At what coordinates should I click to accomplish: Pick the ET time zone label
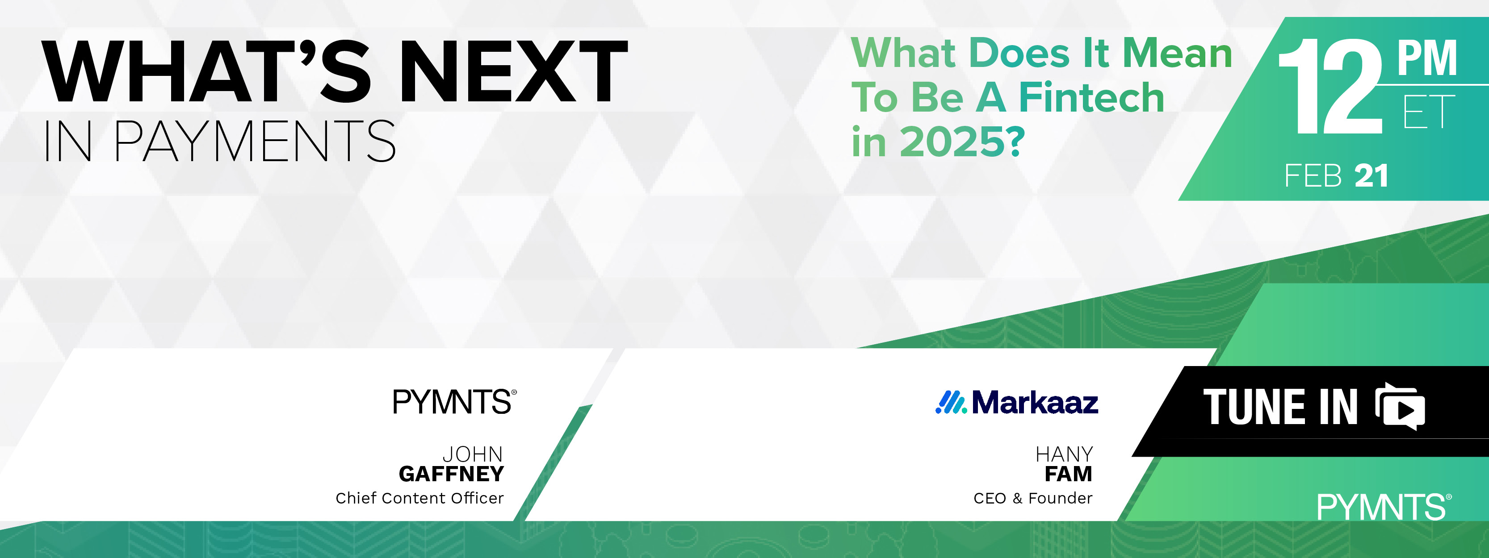pyautogui.click(x=1428, y=112)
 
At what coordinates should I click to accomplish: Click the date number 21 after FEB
pyautogui.click(x=1371, y=176)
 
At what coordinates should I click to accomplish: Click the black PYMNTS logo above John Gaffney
pyautogui.click(x=454, y=401)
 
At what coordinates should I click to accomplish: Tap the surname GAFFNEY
pyautogui.click(x=452, y=474)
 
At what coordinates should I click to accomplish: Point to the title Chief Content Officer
pyautogui.click(x=419, y=498)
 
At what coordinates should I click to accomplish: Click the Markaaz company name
pyautogui.click(x=1035, y=402)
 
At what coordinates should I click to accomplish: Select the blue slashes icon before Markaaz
pyautogui.click(x=951, y=402)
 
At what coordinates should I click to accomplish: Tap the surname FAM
pyautogui.click(x=1068, y=474)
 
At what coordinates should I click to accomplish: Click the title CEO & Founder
pyautogui.click(x=1033, y=498)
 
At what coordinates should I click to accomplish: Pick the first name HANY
pyautogui.click(x=1064, y=454)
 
